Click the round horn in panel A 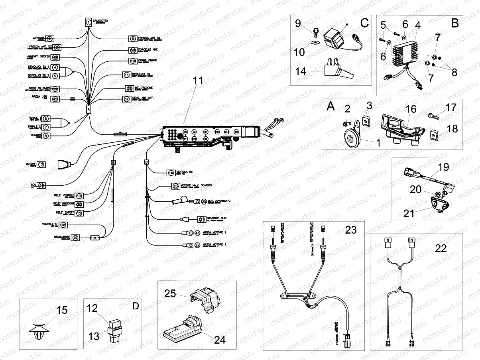tap(350, 138)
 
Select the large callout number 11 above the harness tap(198, 81)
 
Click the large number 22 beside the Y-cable tap(441, 248)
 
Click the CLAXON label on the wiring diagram tap(35, 136)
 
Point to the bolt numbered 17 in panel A tap(433, 116)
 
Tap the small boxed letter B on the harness tap(113, 163)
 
